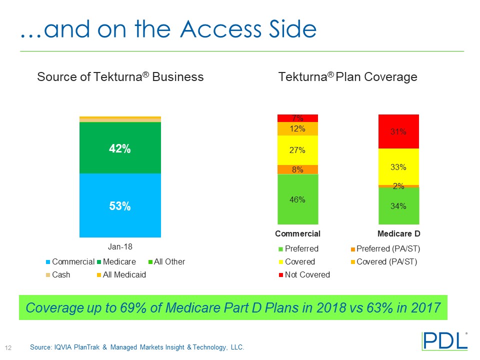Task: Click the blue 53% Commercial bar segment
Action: pos(120,205)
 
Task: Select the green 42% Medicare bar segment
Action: pos(120,148)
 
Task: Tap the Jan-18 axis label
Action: pos(120,246)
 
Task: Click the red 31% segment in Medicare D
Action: pos(398,131)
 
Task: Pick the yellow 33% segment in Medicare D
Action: pos(398,167)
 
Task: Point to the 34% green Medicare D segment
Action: pos(398,205)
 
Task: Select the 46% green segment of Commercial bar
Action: pos(298,199)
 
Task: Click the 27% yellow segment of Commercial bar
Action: pos(298,150)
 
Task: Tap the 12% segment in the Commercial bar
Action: pos(298,128)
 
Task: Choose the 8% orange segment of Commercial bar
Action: pos(298,169)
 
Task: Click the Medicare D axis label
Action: pos(398,233)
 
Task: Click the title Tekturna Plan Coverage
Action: pos(347,77)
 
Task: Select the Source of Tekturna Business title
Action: pos(120,77)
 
